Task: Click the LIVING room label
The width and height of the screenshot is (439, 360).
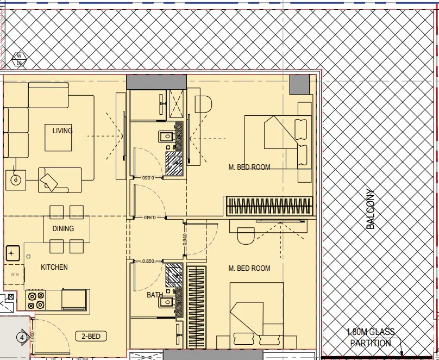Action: click(62, 131)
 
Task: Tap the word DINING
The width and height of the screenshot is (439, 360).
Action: click(63, 228)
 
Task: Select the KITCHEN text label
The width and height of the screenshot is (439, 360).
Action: click(54, 267)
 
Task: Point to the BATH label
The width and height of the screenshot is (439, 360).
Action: click(155, 295)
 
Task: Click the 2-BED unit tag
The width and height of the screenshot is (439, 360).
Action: click(91, 336)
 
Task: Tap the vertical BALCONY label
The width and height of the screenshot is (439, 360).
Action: click(371, 208)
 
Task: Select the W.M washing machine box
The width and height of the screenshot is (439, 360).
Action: click(14, 275)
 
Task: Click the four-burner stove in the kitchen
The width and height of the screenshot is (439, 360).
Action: click(36, 300)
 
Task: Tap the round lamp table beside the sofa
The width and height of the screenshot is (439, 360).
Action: click(15, 179)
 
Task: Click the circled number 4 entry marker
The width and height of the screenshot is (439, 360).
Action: click(22, 337)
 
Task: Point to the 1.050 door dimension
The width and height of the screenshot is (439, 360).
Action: click(32, 337)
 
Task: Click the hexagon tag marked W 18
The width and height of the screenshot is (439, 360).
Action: click(19, 59)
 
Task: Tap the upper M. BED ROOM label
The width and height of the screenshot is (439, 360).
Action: click(249, 167)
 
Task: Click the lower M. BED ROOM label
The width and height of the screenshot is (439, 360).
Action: click(249, 268)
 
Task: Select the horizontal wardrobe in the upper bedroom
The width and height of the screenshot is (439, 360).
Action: click(270, 207)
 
